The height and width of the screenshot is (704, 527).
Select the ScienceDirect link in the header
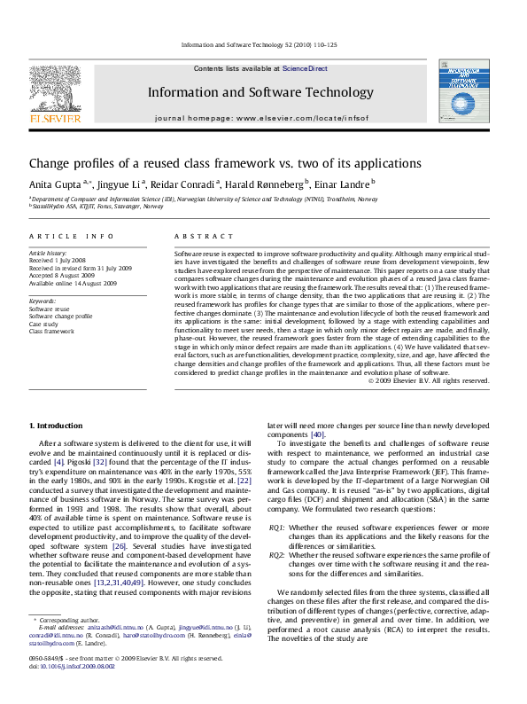[x=304, y=68]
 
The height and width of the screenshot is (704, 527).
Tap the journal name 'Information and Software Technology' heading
[x=260, y=92]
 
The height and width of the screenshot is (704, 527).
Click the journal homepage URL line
[x=260, y=118]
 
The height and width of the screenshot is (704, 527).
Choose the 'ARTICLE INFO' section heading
[x=72, y=237]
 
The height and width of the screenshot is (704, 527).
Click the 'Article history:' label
[x=49, y=254]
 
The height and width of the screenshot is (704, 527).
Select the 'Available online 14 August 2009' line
[x=73, y=283]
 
